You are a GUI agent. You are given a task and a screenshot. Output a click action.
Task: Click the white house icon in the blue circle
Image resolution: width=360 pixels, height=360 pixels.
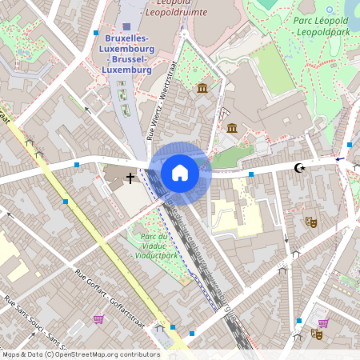pos(180,172)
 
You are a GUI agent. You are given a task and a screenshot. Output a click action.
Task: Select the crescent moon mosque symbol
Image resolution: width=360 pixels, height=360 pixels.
pos(300,168)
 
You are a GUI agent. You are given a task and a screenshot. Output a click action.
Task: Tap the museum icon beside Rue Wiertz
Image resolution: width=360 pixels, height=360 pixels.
pos(202,87)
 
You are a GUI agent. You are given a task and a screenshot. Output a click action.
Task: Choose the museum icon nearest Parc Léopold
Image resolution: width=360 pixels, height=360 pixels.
pos(232,128)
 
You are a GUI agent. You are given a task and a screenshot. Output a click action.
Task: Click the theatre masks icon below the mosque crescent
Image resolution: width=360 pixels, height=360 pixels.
pos(310,222)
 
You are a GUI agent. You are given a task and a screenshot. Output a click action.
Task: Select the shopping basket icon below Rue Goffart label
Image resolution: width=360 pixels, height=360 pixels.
pos(98,318)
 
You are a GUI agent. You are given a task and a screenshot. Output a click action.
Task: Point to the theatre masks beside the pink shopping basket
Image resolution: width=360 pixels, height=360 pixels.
pos(317,334)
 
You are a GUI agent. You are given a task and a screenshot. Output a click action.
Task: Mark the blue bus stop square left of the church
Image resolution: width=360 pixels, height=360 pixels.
pos(77,165)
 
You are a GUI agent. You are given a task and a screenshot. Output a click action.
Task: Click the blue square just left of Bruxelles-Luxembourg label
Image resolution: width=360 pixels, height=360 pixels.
pos(95,34)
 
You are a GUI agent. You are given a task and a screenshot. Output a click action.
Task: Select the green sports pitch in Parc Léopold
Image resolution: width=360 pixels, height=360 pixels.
pos(274,67)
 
